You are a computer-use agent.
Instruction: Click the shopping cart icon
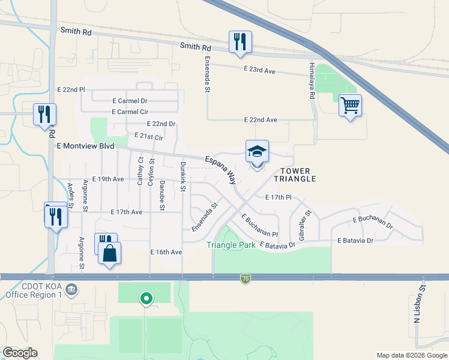[x=350, y=106]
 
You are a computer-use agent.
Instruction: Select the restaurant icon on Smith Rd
[x=240, y=43]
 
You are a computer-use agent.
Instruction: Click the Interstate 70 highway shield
[x=245, y=278]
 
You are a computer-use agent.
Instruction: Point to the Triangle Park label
[x=231, y=245]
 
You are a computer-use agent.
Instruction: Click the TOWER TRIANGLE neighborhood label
[x=295, y=175]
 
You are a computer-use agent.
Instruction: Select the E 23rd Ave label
[x=259, y=71]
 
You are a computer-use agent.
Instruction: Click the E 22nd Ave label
[x=261, y=120]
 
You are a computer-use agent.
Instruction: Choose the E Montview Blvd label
[x=85, y=146]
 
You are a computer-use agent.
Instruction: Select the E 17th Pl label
[x=278, y=197]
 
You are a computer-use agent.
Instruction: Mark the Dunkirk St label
[x=182, y=176]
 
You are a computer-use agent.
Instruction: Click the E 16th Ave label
[x=166, y=252]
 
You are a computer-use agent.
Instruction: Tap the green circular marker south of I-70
[x=145, y=298]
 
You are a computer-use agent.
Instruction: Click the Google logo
[x=20, y=353]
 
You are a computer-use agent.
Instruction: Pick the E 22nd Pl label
[x=71, y=89]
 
